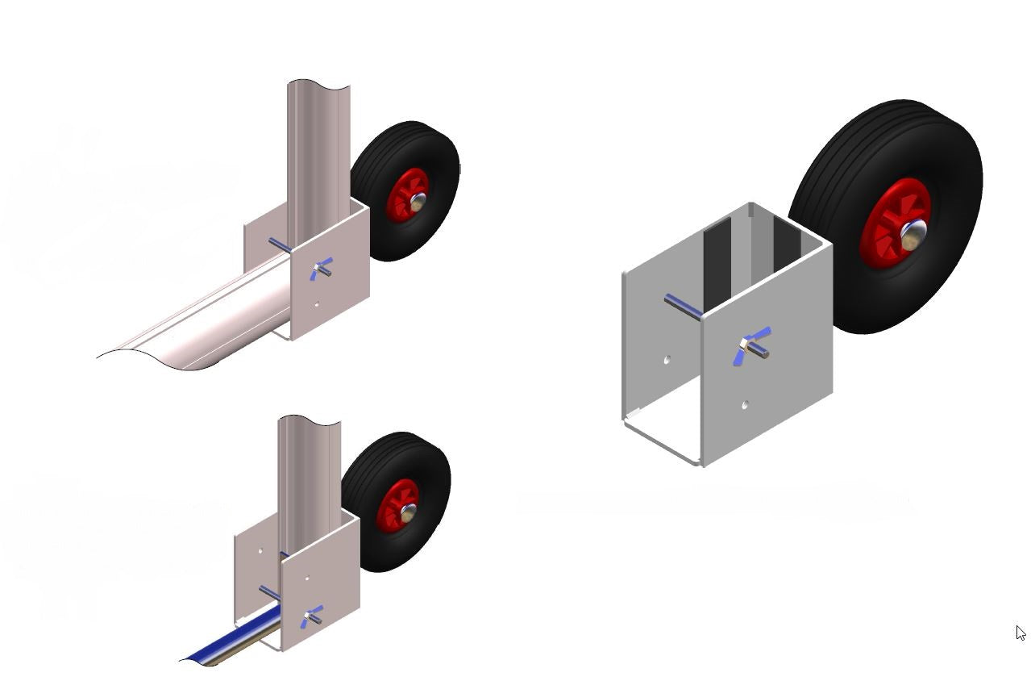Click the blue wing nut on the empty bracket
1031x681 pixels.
click(751, 345)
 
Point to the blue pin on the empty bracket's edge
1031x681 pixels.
click(682, 307)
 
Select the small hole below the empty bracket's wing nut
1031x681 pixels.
click(745, 404)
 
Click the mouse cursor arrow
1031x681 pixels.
click(1020, 633)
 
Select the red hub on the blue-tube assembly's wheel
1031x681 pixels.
click(397, 504)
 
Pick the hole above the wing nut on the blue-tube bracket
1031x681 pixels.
click(308, 578)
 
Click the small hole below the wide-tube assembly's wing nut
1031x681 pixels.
click(317, 305)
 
